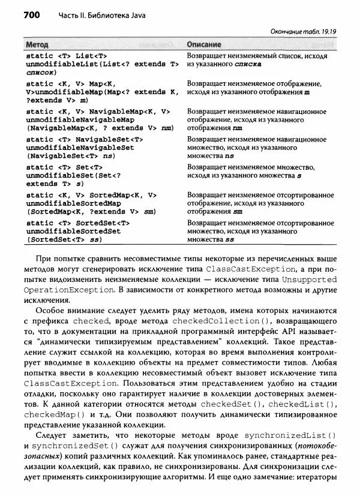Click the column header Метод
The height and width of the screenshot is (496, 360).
coord(38,44)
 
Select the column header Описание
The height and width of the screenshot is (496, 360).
coord(204,44)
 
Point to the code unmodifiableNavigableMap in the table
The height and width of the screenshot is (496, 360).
coord(80,119)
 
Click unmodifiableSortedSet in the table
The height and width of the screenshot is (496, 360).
coord(74,232)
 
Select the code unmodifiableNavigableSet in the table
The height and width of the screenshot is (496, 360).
coord(80,148)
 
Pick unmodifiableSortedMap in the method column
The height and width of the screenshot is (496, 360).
coord(74,203)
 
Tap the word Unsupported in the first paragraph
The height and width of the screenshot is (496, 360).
coord(308,279)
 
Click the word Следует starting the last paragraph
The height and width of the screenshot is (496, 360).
coord(52,435)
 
